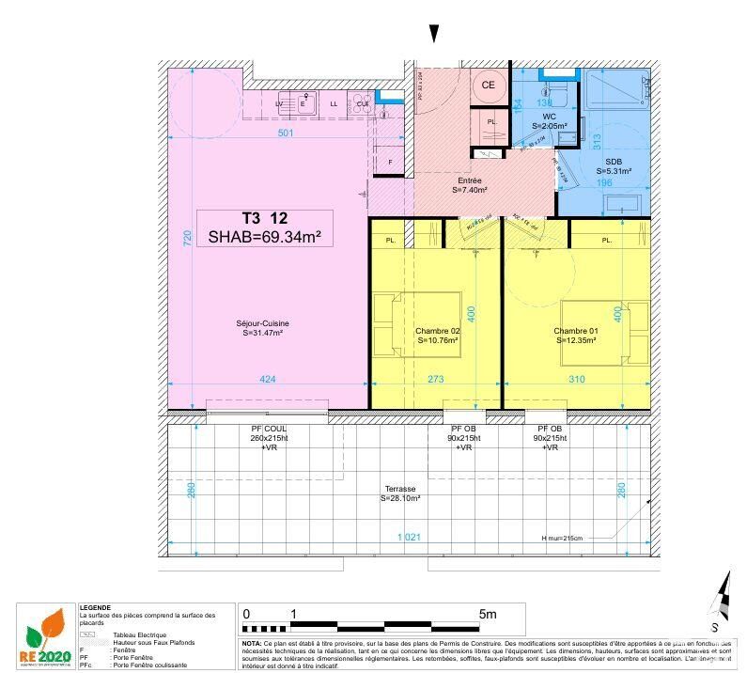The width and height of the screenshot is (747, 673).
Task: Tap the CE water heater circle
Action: [488, 85]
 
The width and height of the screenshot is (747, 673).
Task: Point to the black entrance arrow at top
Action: [433, 34]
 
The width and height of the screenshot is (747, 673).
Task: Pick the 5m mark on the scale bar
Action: [487, 614]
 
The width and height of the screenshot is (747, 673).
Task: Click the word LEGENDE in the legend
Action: [96, 607]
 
